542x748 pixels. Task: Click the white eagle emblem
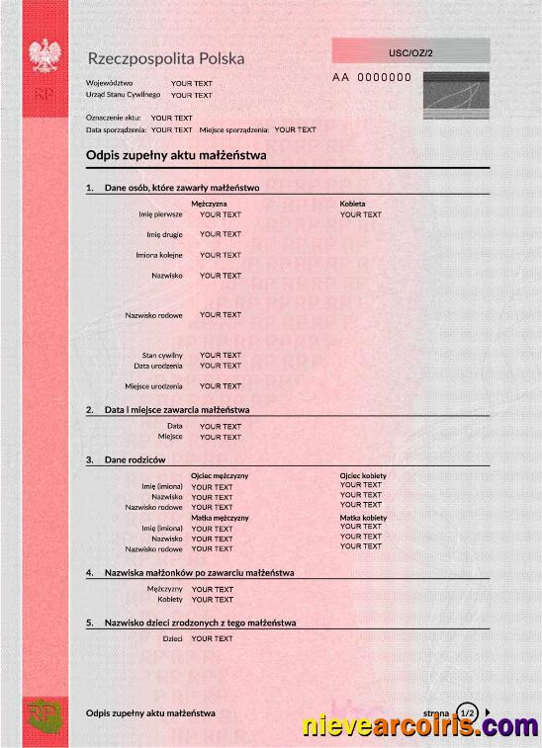coord(45,57)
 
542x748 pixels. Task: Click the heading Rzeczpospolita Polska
coord(165,58)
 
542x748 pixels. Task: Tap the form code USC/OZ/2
coord(410,50)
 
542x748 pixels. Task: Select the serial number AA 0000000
coord(371,77)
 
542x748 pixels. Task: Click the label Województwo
coord(109,83)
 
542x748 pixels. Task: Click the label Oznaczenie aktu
coord(114,118)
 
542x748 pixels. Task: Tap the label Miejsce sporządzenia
coord(234,129)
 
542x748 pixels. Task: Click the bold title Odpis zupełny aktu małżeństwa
coord(176,156)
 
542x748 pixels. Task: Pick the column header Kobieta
coord(352,204)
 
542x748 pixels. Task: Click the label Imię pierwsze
coord(161,213)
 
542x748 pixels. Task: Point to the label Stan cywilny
coord(162,355)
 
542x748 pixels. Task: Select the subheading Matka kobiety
coord(363,517)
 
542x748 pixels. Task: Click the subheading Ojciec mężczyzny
coord(220,475)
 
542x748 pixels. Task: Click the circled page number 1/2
coord(468,711)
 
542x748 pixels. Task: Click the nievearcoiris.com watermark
coord(420,727)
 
